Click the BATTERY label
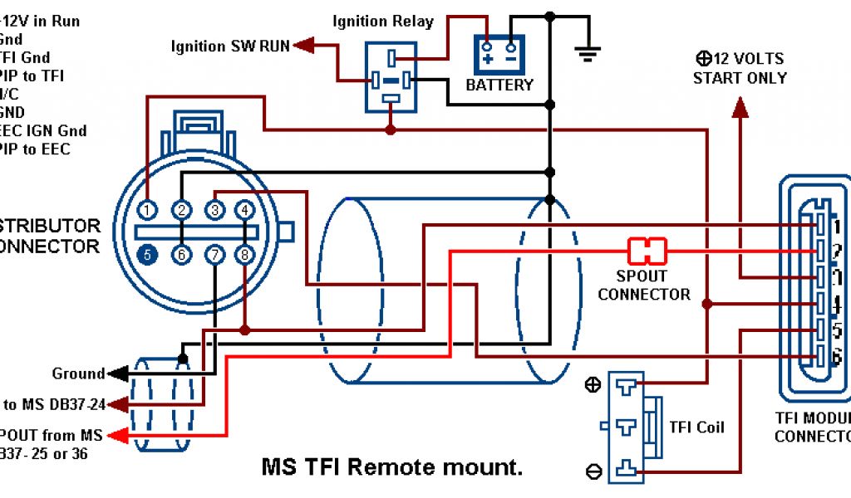click(499, 85)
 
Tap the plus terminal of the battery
click(487, 58)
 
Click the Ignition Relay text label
click(383, 21)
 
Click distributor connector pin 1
click(147, 210)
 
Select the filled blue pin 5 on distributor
click(147, 255)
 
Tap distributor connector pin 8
click(244, 255)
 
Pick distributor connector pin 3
click(214, 210)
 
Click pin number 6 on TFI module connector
click(838, 358)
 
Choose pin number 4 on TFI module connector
click(838, 304)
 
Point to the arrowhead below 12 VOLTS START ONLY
click(740, 107)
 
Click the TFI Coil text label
click(696, 427)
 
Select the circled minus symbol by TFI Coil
click(594, 471)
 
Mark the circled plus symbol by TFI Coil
click(594, 384)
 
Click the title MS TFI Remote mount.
click(392, 467)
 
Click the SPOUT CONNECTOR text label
click(644, 285)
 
